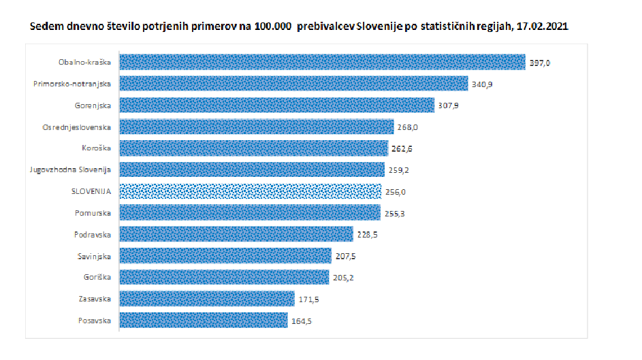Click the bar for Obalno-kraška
coord(322,62)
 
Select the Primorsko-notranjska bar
coord(294,84)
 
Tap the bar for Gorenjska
coord(276,105)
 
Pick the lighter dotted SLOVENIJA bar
coord(251,192)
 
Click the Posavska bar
coord(204,321)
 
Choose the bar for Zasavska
coord(207,299)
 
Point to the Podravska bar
coord(236,235)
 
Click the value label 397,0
coord(539,63)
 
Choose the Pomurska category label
coord(93,213)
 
